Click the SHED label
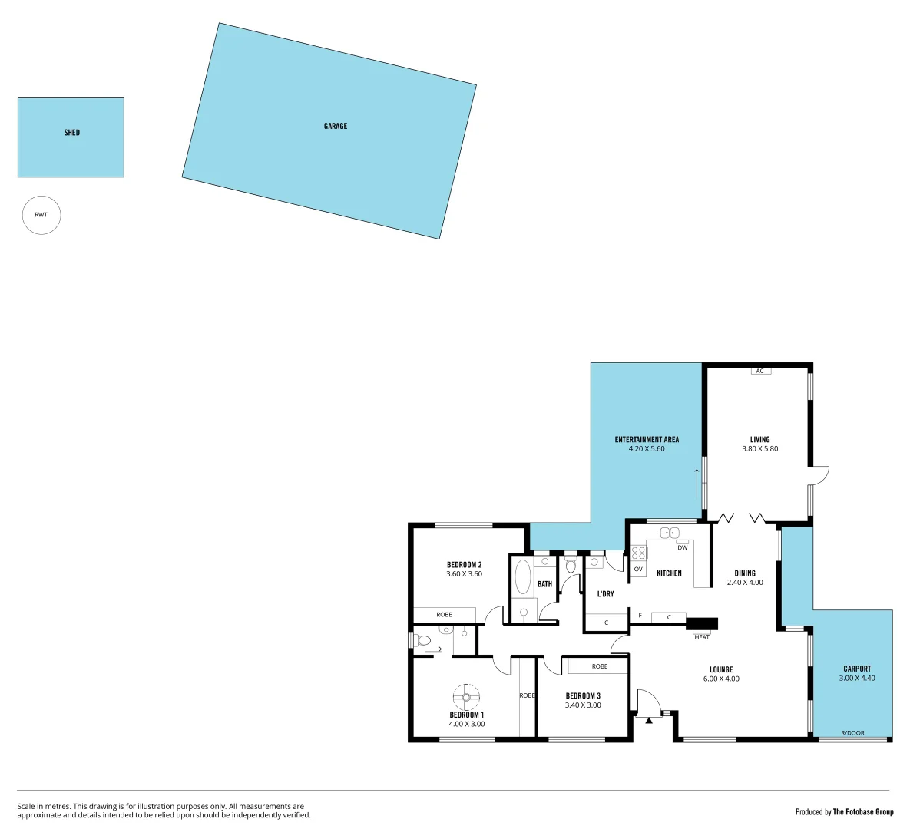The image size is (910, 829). point(71,133)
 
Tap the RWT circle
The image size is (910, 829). point(41,215)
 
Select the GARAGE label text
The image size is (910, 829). point(335,126)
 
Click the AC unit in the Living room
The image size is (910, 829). point(760,371)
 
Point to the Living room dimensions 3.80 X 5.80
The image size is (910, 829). point(759,449)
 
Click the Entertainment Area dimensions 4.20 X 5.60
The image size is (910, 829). point(647,449)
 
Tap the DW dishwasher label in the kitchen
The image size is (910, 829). point(682,547)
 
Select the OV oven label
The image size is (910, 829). point(637,569)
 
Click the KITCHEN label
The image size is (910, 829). point(669,573)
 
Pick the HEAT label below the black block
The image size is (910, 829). point(702,637)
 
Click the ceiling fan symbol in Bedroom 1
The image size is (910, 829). point(466,698)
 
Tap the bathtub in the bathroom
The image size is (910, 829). point(522,577)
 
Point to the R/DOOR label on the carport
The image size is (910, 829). point(852,733)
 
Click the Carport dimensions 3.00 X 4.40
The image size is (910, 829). point(857,679)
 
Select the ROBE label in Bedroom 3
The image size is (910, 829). point(599,666)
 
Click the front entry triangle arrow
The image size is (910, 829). point(649,720)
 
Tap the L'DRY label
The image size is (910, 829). point(605,594)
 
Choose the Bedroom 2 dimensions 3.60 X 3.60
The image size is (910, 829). point(464,574)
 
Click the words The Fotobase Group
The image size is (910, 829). point(863,811)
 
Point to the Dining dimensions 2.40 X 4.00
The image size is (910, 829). point(745,583)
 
